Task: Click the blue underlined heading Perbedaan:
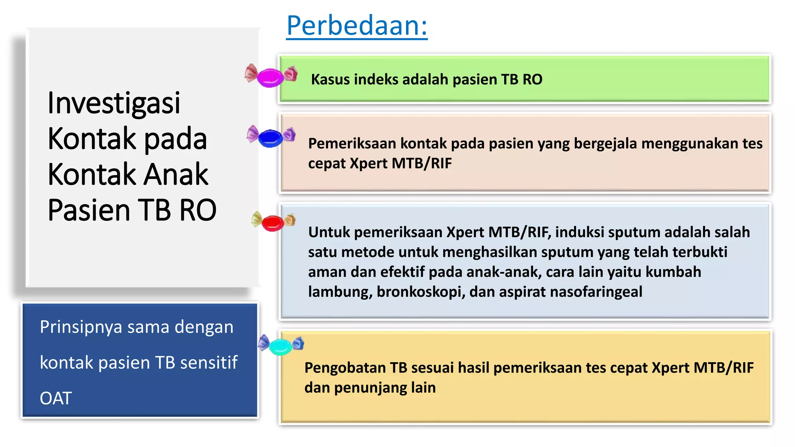[x=357, y=26]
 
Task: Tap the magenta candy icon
[x=271, y=76]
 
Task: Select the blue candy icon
[x=271, y=137]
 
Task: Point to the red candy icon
[x=273, y=223]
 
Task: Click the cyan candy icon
[x=281, y=346]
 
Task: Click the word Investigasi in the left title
[x=114, y=103]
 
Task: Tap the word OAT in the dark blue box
[x=56, y=398]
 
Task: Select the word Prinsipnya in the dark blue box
[x=80, y=327]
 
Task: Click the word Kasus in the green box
[x=330, y=80]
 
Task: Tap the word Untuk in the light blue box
[x=329, y=232]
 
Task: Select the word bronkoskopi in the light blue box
[x=421, y=292]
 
